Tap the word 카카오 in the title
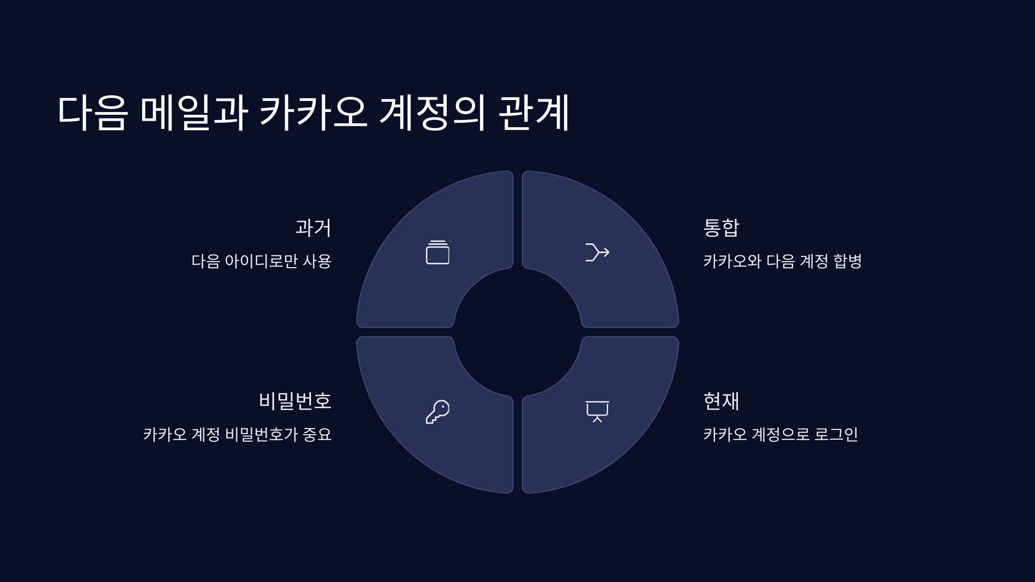[x=314, y=113]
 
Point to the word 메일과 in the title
[x=194, y=113]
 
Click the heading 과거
[x=313, y=228]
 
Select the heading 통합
[x=721, y=228]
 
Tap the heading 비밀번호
[x=295, y=401]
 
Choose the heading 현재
[x=721, y=401]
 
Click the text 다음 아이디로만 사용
[x=261, y=261]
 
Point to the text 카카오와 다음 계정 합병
[x=782, y=261]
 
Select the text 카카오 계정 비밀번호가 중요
[x=237, y=434]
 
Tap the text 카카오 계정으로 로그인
[x=781, y=434]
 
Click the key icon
[x=438, y=412]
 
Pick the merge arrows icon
[x=597, y=252]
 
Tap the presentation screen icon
[x=597, y=411]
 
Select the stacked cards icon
[x=438, y=252]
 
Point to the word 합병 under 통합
[x=847, y=261]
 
